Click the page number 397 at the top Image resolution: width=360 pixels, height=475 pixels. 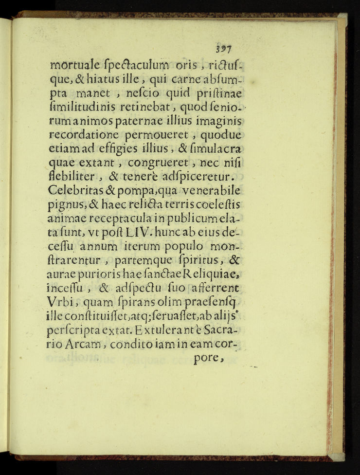pos(224,49)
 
